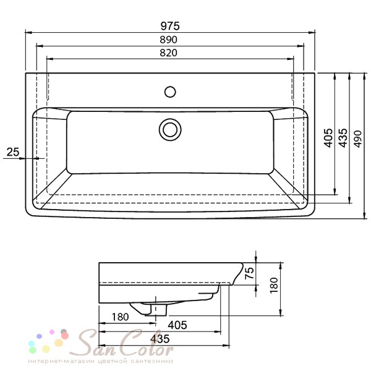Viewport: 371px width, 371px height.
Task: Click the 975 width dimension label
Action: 170,26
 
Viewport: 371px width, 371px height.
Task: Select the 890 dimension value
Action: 168,40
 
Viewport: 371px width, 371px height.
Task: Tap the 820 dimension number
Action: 168,53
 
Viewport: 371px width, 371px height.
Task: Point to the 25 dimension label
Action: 13,152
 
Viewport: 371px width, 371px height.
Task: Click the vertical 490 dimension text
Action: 358,139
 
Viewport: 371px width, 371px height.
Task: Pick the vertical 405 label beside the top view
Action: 328,138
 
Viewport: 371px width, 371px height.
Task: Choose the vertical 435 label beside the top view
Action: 343,138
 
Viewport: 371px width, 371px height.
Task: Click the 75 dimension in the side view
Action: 249,273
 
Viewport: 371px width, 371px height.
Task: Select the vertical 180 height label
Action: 274,285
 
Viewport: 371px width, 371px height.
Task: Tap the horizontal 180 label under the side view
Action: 120,317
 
